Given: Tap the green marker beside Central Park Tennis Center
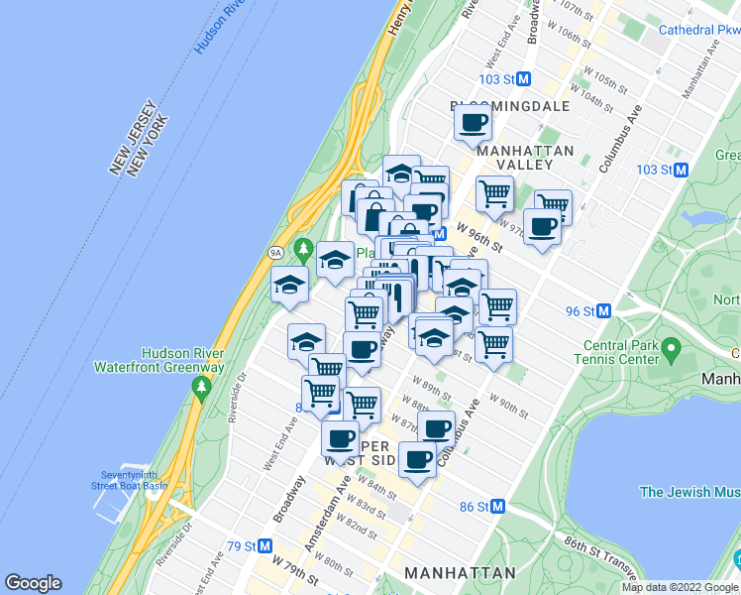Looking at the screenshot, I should [671, 348].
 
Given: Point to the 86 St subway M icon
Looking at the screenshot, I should [498, 507].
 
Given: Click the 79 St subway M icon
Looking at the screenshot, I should [265, 546].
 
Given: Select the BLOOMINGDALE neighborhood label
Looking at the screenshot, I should [510, 105].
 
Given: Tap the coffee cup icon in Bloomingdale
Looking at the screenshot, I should [473, 125].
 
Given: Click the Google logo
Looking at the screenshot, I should [33, 583].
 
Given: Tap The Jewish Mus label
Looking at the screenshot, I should [689, 492].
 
